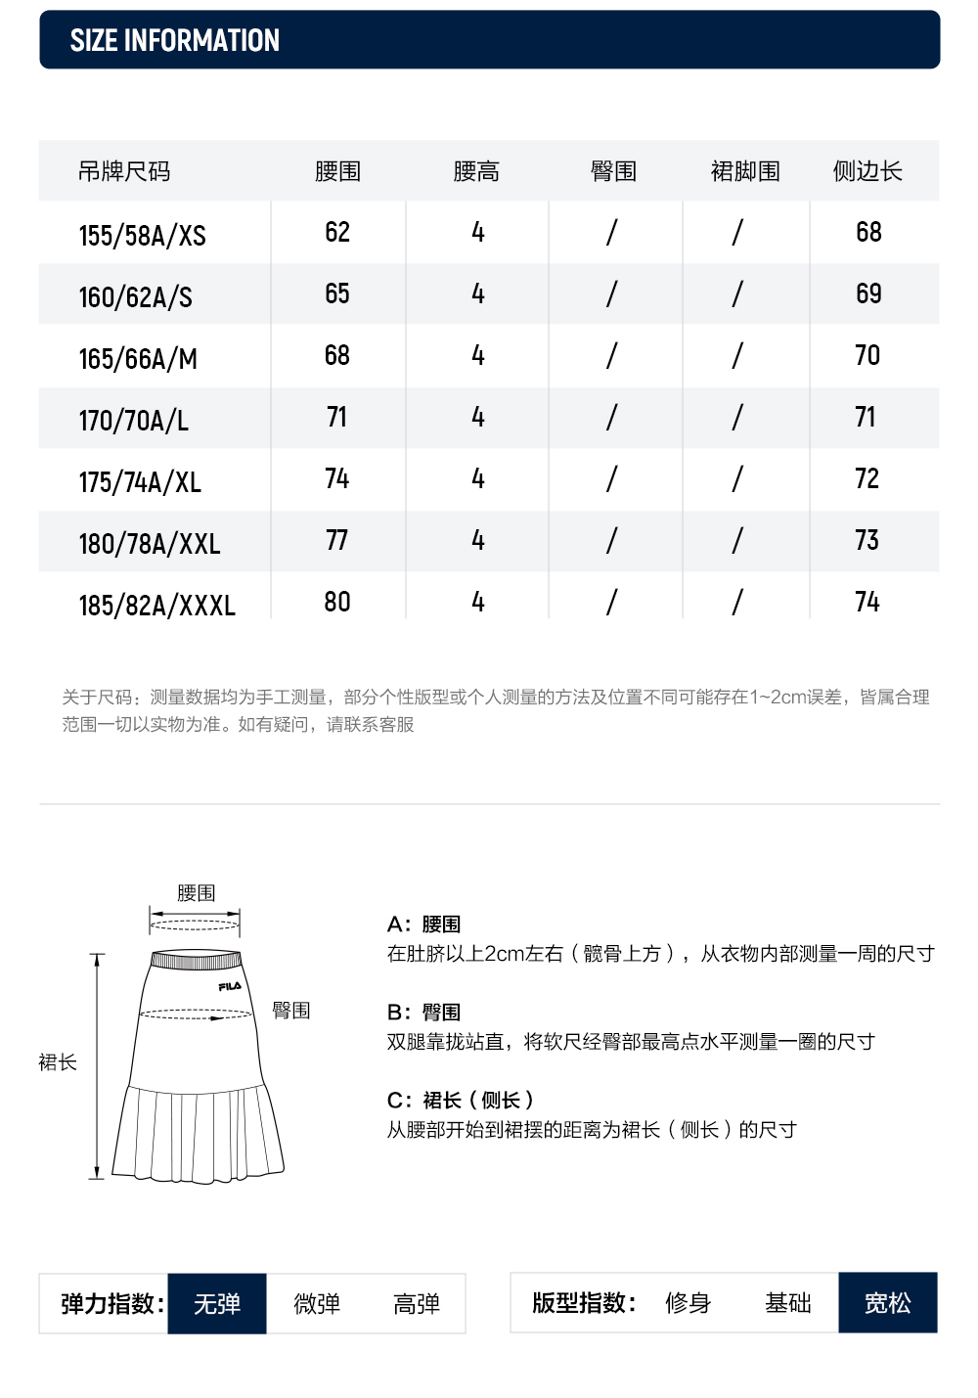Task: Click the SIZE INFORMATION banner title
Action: click(174, 40)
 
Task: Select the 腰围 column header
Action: click(337, 171)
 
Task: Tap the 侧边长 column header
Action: click(867, 171)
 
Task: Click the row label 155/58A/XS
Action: click(143, 235)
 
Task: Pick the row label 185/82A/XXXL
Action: click(157, 605)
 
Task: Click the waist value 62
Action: click(337, 232)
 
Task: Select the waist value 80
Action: click(337, 602)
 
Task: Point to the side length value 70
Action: click(867, 355)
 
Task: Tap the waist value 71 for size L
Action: click(337, 417)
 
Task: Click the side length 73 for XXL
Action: click(867, 540)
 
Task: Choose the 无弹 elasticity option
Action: click(217, 1303)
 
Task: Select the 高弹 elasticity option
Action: click(417, 1303)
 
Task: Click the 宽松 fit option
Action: click(887, 1302)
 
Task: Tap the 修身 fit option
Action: click(688, 1302)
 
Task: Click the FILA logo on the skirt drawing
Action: click(230, 986)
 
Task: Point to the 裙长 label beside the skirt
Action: click(58, 1061)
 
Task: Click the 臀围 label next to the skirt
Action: click(290, 1010)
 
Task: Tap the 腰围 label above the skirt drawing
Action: click(196, 892)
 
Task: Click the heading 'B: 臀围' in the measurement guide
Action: click(423, 1012)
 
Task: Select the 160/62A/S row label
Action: click(136, 296)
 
